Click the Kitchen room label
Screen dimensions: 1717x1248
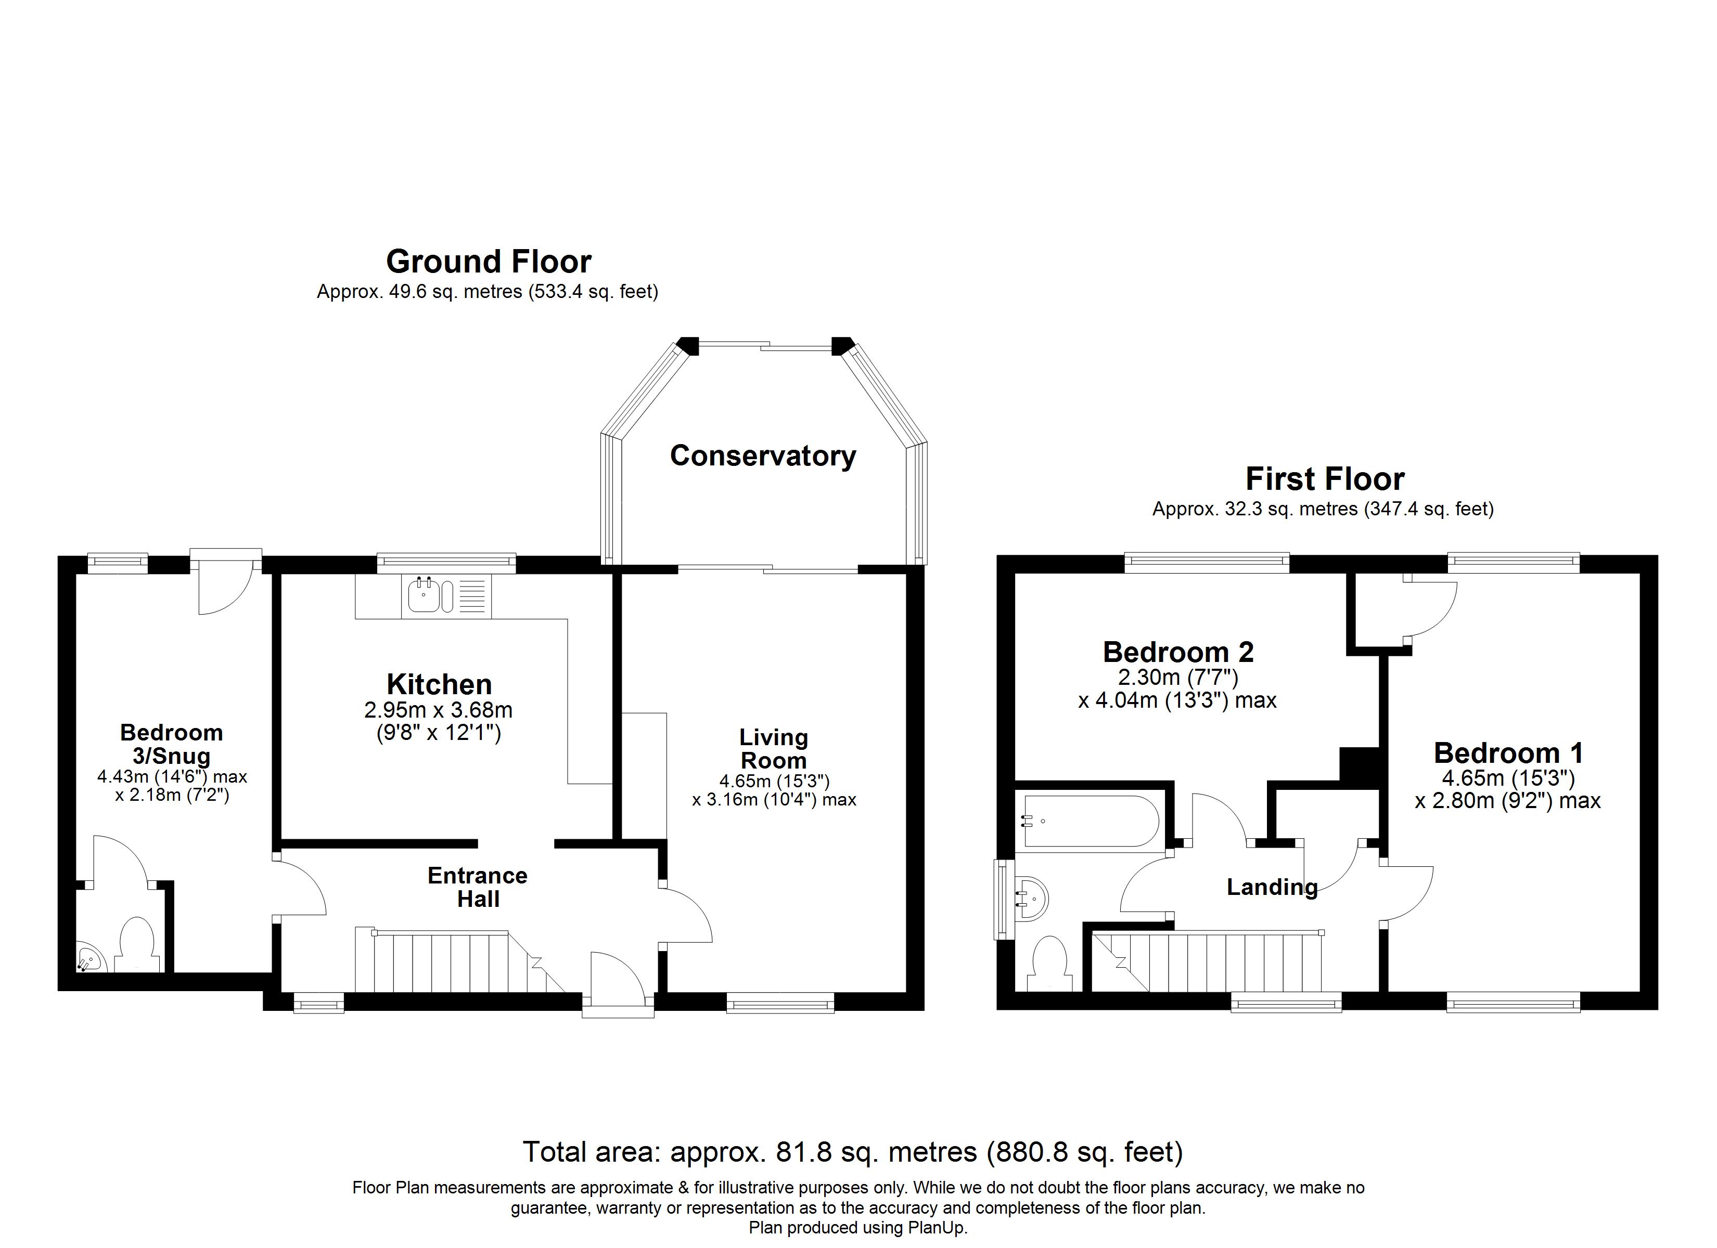(439, 684)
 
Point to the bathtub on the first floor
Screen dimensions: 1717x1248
(1090, 821)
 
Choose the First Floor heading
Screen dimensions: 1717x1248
(1325, 479)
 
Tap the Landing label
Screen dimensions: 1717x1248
(1272, 887)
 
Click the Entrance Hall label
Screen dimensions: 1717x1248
(478, 887)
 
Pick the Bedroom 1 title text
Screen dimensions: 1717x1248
(1508, 753)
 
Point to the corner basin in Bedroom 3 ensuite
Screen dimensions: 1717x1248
(90, 959)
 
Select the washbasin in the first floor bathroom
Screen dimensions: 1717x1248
(1031, 899)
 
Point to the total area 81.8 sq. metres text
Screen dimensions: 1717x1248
(852, 1152)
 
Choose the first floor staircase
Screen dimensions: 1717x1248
(1209, 960)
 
